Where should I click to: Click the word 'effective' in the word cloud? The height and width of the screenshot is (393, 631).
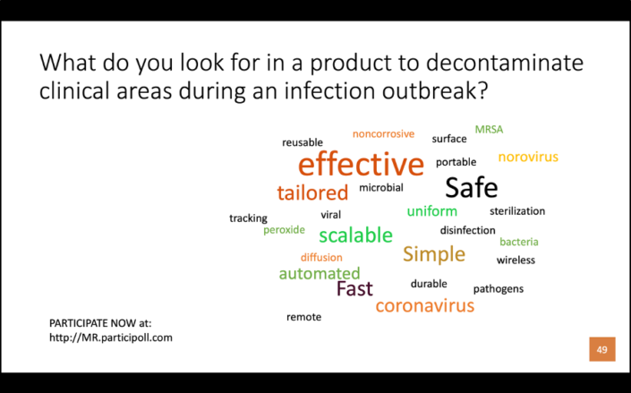coord(361,165)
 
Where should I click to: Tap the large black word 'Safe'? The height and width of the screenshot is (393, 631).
coord(471,187)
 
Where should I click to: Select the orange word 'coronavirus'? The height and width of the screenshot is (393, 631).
coord(424,305)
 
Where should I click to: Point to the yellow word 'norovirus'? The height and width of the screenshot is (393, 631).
coord(528,157)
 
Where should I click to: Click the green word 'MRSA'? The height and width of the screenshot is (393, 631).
coord(489,129)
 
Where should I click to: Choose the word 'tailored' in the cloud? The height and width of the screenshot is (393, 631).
coord(312,192)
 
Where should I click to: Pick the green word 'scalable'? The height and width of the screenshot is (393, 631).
coord(355,235)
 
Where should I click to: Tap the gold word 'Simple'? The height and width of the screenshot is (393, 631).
coord(434,254)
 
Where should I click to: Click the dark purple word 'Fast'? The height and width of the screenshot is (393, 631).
coord(354,288)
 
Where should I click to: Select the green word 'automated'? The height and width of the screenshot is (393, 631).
coord(320,273)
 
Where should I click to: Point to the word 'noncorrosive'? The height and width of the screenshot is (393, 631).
coord(383,134)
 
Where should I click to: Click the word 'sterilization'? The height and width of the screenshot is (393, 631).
coord(517,211)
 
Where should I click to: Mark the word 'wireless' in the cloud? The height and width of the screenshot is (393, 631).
coord(516,261)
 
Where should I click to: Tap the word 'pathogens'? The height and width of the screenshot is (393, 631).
coord(499,289)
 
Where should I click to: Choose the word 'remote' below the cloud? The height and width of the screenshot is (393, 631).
coord(303,317)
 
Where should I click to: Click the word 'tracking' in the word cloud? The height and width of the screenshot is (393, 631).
coord(248,218)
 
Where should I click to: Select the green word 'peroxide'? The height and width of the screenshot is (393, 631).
coord(284,230)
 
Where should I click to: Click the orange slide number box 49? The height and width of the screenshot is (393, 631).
coord(601,349)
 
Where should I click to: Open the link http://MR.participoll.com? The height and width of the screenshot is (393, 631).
coord(111,337)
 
